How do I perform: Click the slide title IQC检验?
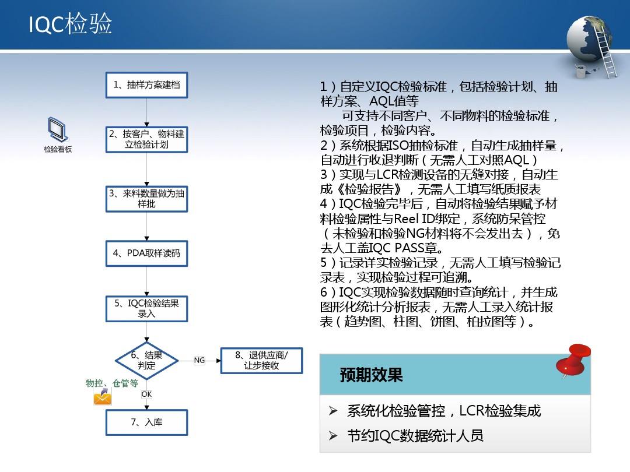pyautogui.click(x=71, y=23)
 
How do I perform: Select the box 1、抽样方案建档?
pyautogui.click(x=146, y=85)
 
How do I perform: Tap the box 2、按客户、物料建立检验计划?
pyautogui.click(x=146, y=139)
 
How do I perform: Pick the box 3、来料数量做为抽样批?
pyautogui.click(x=146, y=199)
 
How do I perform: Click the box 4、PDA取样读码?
pyautogui.click(x=146, y=253)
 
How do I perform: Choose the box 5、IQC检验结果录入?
pyautogui.click(x=146, y=309)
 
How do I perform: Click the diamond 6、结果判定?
pyautogui.click(x=146, y=361)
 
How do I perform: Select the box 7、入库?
pyautogui.click(x=146, y=422)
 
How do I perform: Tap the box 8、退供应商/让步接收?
pyautogui.click(x=261, y=361)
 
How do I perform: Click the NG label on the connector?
pyautogui.click(x=199, y=361)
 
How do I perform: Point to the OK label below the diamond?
pyautogui.click(x=146, y=394)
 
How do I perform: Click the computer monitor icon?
pyautogui.click(x=58, y=129)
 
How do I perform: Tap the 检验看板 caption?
pyautogui.click(x=58, y=149)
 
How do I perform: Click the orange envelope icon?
pyautogui.click(x=103, y=397)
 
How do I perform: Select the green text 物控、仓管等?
pyautogui.click(x=111, y=383)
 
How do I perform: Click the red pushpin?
pyautogui.click(x=573, y=361)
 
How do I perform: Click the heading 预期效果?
pyautogui.click(x=371, y=375)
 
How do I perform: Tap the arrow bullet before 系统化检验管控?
pyautogui.click(x=333, y=411)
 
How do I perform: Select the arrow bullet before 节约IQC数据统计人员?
pyautogui.click(x=333, y=436)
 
